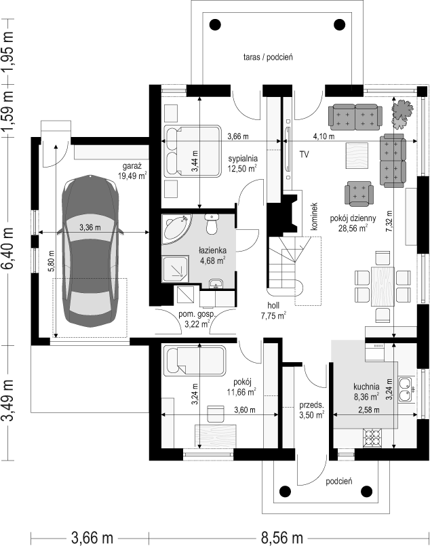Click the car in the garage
point(90,251)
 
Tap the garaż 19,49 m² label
point(132,171)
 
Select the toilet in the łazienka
point(212,224)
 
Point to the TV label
point(304,154)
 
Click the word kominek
point(314,216)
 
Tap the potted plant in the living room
point(402,114)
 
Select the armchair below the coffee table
point(359,193)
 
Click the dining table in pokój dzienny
point(383,286)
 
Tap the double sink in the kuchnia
point(406,389)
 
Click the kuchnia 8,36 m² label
point(366,391)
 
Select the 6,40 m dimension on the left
point(8,249)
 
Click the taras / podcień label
point(268,57)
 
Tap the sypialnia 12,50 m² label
point(243,163)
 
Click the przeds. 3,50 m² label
point(311,410)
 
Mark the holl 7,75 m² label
point(274,311)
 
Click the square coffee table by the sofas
point(357,155)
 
